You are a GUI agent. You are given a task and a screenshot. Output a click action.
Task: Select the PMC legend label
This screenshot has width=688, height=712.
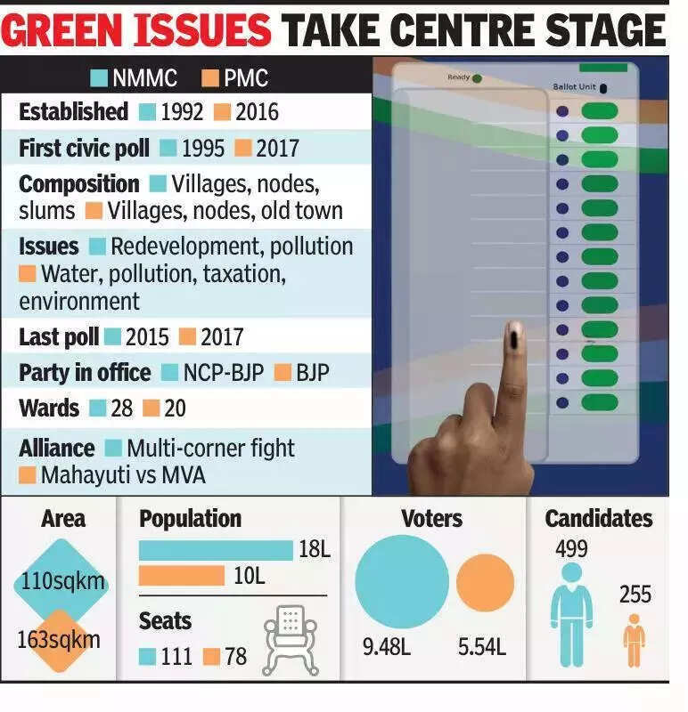click(246, 78)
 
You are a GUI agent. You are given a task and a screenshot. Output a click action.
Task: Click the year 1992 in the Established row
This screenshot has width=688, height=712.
click(183, 112)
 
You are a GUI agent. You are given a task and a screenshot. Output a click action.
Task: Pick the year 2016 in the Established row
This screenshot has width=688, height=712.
click(257, 112)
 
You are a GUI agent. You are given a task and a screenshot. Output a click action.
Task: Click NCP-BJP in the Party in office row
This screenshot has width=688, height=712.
click(223, 372)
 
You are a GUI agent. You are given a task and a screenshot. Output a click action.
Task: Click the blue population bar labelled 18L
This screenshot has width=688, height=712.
click(216, 551)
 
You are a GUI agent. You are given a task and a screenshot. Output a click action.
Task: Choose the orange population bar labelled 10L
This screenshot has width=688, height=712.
click(182, 576)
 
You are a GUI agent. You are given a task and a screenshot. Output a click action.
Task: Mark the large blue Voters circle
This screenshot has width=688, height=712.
click(402, 580)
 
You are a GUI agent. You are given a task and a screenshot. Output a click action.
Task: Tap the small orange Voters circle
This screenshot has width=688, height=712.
click(485, 583)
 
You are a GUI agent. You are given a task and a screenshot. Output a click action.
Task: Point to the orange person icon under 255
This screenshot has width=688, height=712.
click(634, 640)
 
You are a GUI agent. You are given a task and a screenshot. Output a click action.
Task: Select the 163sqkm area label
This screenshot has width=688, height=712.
click(60, 639)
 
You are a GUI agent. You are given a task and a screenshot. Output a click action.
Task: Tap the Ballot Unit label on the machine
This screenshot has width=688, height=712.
click(576, 87)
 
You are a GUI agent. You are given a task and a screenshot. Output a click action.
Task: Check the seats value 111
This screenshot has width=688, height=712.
click(177, 658)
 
